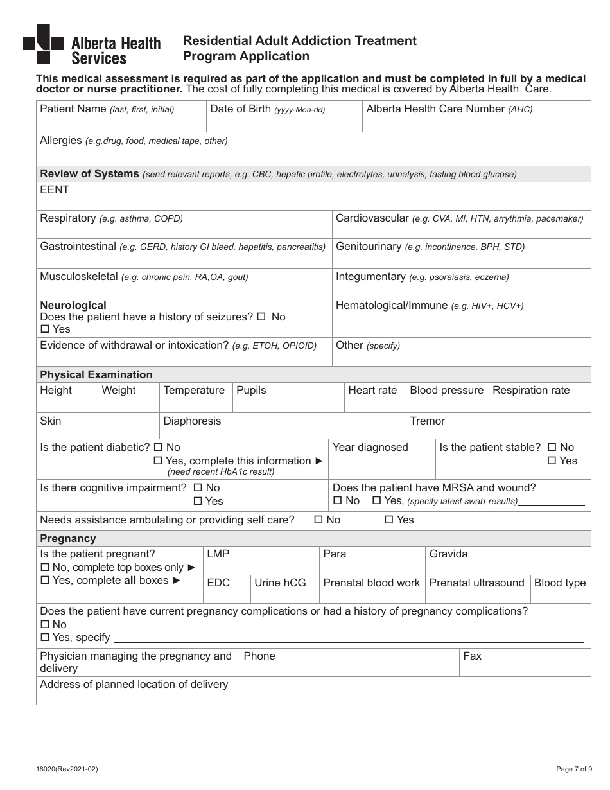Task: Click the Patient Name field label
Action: coord(73,109)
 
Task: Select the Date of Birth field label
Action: coord(240,109)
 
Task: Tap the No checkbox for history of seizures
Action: coord(261,317)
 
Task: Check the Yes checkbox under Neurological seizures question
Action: coord(44,329)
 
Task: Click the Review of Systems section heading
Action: coord(89,173)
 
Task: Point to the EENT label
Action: coord(55,190)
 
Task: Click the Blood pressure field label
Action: coord(446,391)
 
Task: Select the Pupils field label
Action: coord(251,391)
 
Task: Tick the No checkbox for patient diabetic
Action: coord(157,448)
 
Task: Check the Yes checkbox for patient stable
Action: coord(551,461)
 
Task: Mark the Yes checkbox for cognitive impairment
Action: coord(198,502)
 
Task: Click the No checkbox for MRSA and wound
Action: coord(337,501)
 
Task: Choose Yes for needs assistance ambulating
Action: coord(388,520)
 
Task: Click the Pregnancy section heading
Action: coord(67,538)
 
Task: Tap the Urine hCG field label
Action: coord(280,583)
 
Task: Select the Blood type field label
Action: coord(559,583)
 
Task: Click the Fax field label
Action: coord(472,656)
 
